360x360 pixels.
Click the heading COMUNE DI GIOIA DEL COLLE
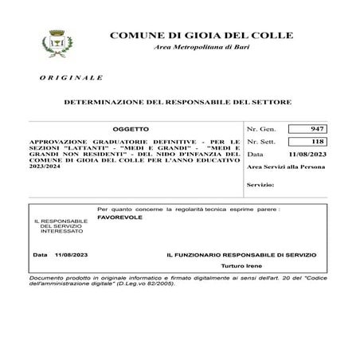tap(200, 36)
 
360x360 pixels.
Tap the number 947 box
tap(307, 128)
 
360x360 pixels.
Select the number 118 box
tap(307, 140)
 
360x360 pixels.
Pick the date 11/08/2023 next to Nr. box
tap(307, 154)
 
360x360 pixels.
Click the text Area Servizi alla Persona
tap(286, 167)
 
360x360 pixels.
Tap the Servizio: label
tap(260, 185)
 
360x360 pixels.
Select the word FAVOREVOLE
tap(118, 216)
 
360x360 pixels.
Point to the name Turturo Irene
tap(242, 266)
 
